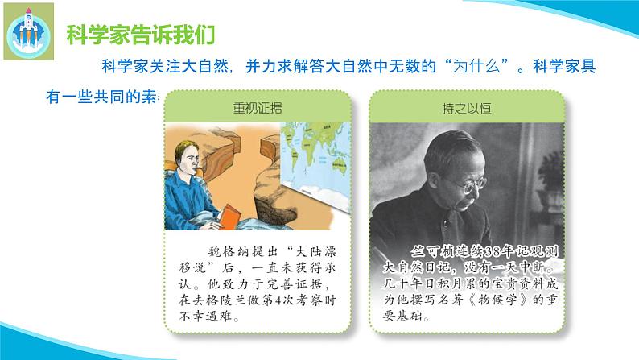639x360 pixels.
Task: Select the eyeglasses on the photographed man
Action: point(474,184)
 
